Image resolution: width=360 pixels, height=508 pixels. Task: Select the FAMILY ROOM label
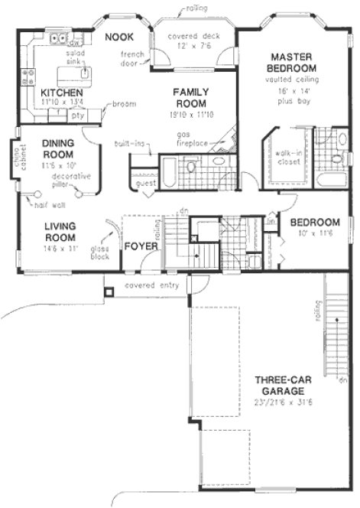pos(186,96)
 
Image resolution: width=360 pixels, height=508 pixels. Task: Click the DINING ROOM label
pos(58,148)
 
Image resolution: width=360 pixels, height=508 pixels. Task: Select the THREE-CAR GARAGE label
pos(288,385)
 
